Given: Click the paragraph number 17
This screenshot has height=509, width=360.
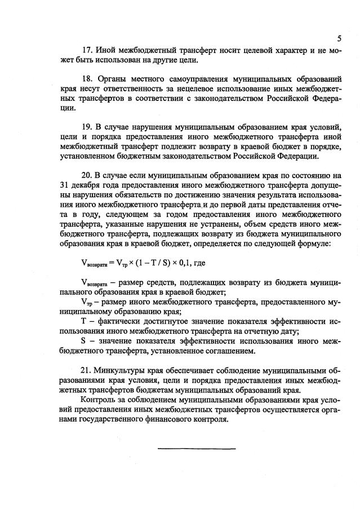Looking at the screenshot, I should point(87,51).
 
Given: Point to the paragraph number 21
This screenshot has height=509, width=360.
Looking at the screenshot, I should point(87,371).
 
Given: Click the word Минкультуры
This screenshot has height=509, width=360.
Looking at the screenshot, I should point(119,371).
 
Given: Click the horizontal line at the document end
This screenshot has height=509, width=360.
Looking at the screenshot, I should point(196,449).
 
